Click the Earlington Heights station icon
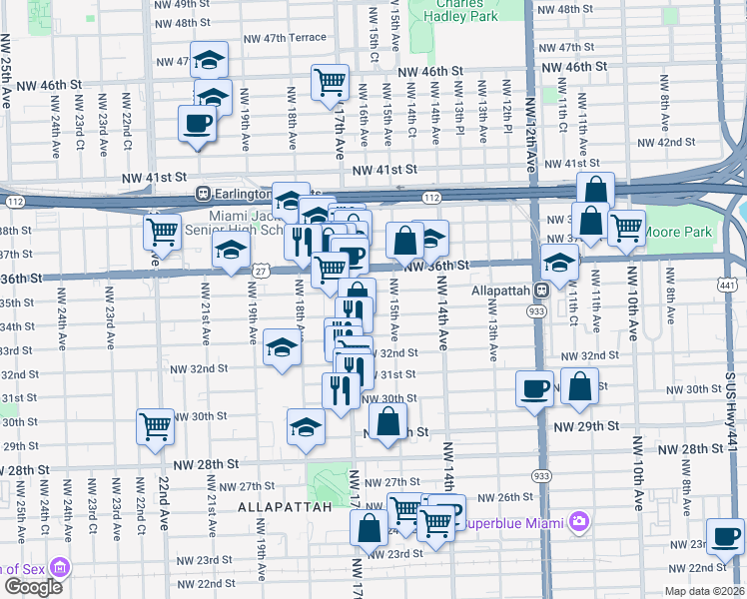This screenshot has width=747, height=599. click(203, 193)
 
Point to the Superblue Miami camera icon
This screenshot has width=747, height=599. click(577, 521)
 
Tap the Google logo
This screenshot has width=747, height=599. click(32, 586)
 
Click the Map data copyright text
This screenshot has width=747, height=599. click(704, 591)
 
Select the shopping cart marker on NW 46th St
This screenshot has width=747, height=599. click(330, 83)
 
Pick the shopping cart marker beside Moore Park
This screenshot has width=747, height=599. click(626, 227)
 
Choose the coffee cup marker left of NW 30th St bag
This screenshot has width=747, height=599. click(534, 386)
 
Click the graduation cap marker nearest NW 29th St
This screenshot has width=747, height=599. click(306, 427)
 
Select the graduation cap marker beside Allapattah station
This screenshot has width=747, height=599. click(560, 263)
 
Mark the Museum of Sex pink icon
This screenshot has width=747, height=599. click(61, 568)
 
